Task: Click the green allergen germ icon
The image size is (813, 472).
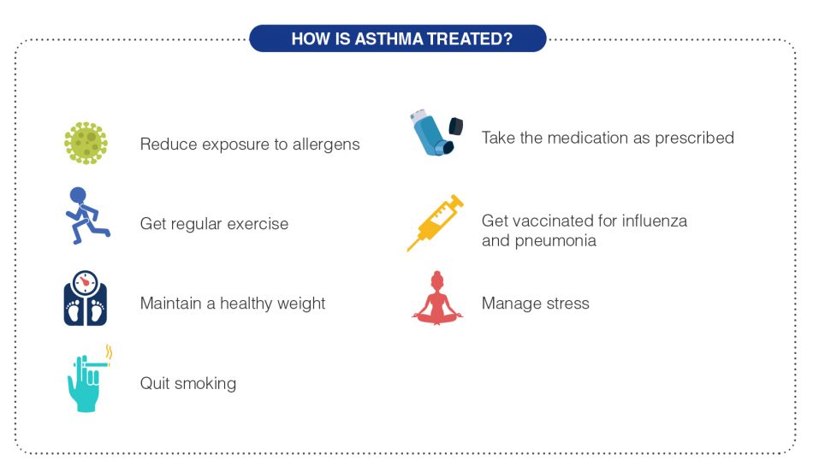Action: click(x=86, y=143)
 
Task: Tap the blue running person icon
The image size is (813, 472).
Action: click(x=86, y=215)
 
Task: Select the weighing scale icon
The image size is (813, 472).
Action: click(x=86, y=298)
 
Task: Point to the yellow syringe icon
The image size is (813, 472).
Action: click(x=435, y=223)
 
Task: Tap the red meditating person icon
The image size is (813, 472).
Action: click(x=436, y=298)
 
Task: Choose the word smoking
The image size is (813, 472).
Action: click(x=205, y=383)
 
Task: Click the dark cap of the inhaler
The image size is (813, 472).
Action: click(x=457, y=127)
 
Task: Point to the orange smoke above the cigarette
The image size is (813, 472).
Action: click(x=109, y=351)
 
